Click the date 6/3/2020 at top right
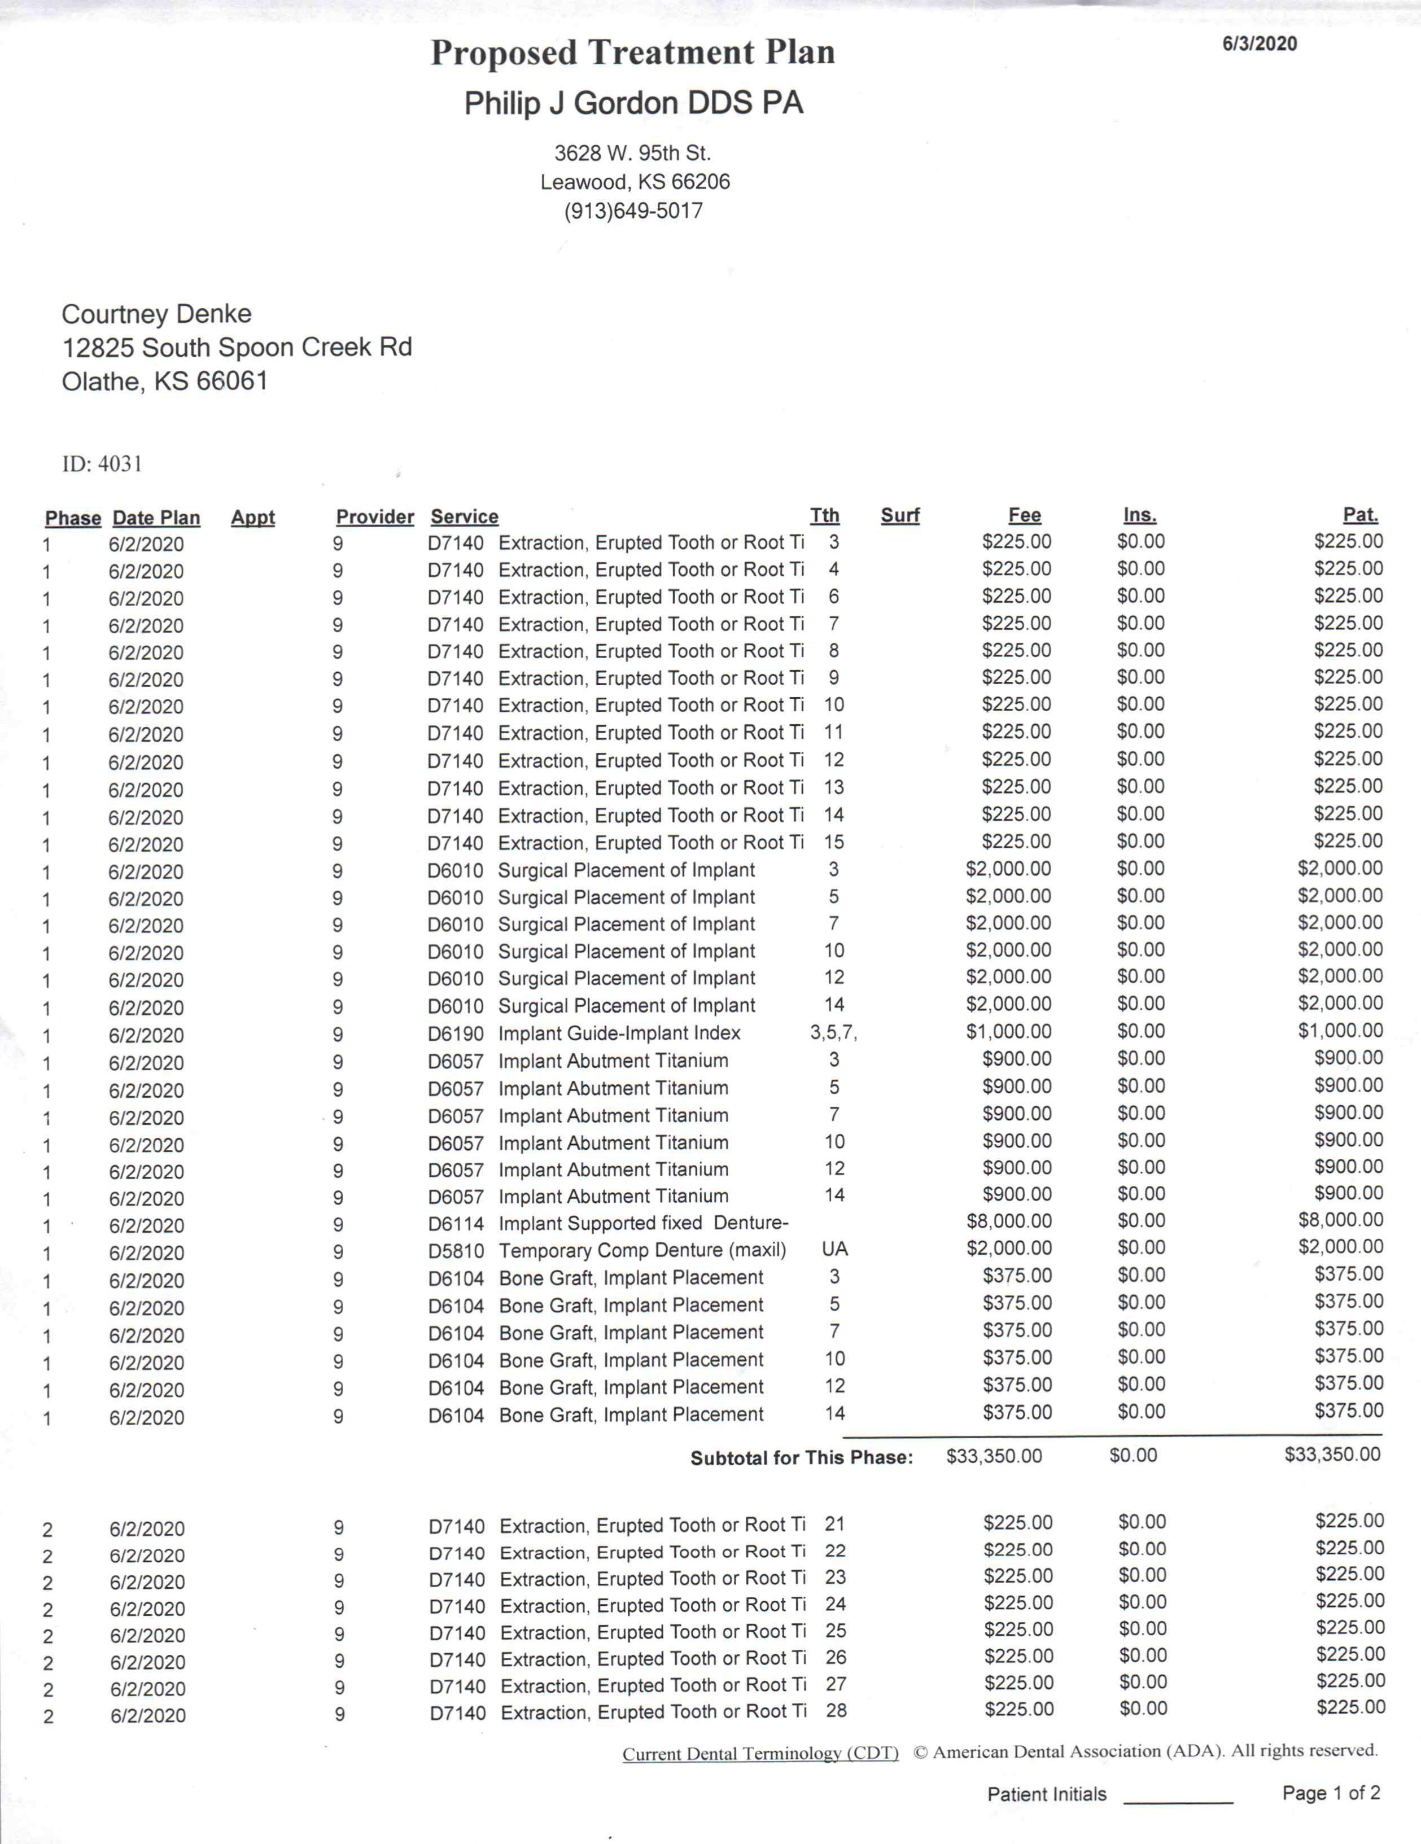pos(1259,44)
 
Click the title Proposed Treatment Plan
pos(632,53)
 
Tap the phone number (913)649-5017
pos(633,211)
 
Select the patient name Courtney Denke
pos(156,314)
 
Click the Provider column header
pos(375,516)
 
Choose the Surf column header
pos(899,515)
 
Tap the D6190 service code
pos(455,1033)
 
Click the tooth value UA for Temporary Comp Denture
pos(834,1249)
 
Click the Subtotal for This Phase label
pos(801,1457)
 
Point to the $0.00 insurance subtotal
pos(1133,1456)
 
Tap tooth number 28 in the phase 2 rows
pos(836,1711)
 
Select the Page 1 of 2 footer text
pos(1331,1793)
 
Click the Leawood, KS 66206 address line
pos(635,182)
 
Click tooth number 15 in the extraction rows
pos(834,842)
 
